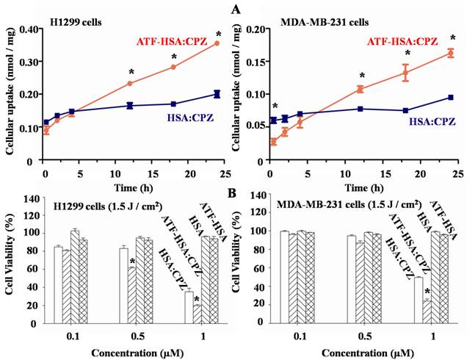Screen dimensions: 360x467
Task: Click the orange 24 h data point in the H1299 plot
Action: (x=217, y=43)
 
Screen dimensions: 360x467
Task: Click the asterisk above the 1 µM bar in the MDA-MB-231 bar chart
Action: (x=426, y=292)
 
